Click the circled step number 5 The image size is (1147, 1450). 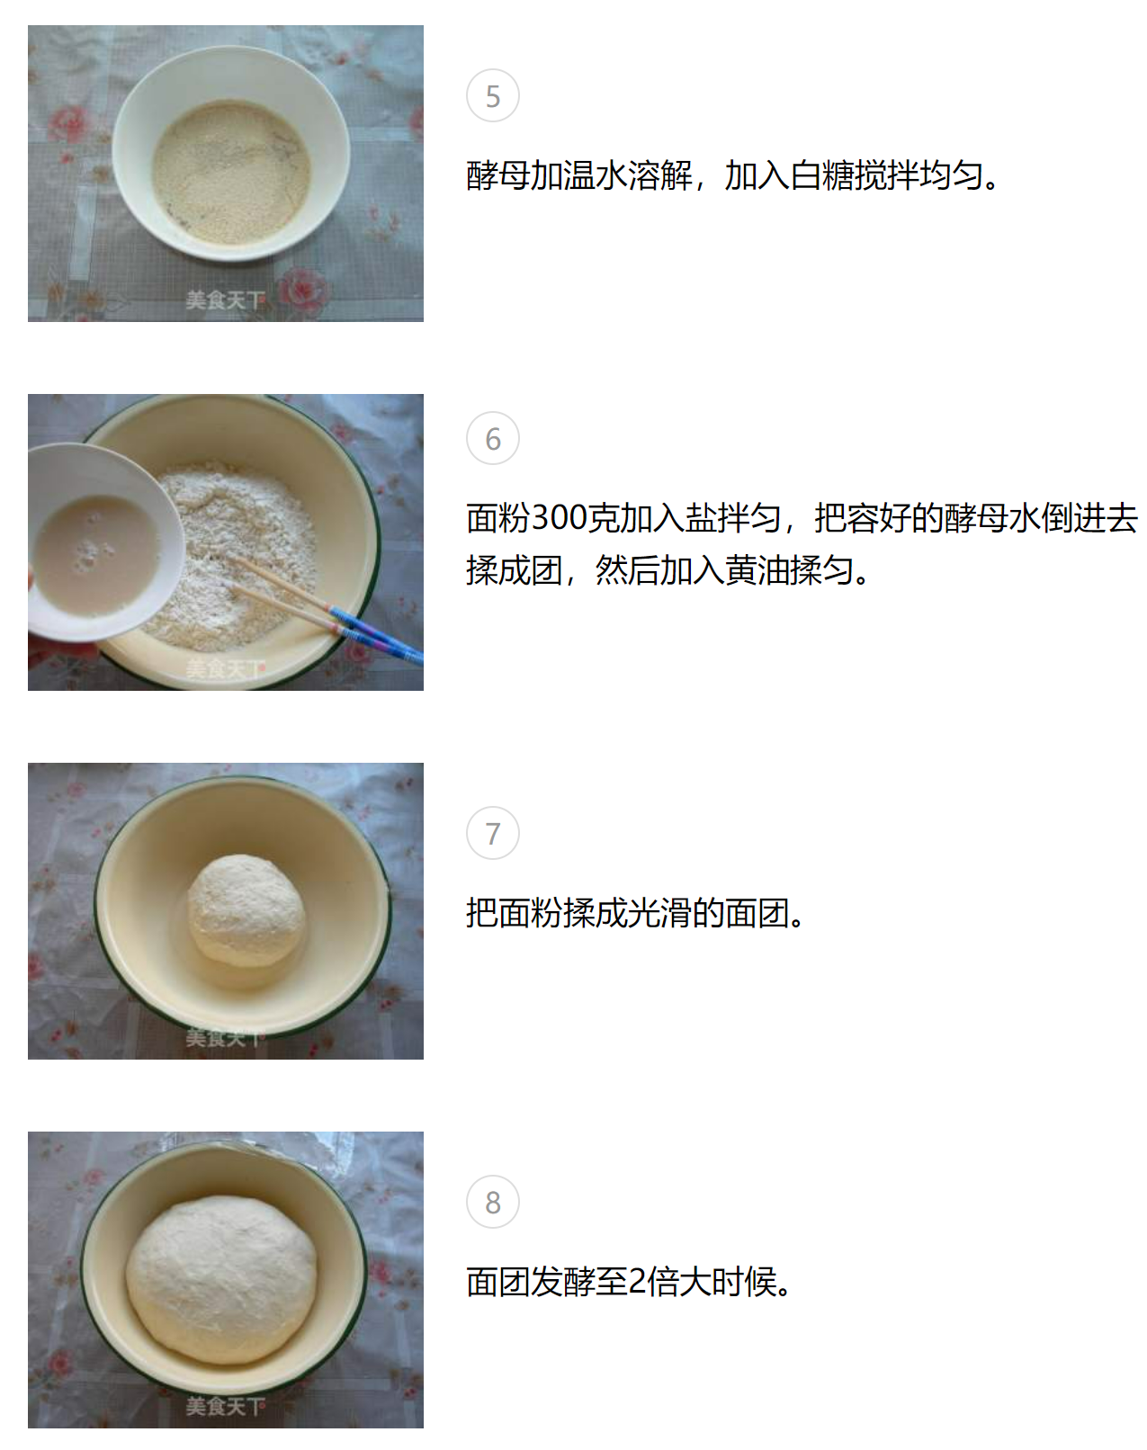493,95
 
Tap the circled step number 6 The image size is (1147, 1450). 493,438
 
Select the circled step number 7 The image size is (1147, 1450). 493,833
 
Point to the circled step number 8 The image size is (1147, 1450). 493,1202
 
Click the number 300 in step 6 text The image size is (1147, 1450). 560,518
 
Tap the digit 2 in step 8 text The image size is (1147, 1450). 637,1282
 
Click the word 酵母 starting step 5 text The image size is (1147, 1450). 498,175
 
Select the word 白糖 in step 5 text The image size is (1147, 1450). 821,175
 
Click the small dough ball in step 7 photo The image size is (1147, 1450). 246,910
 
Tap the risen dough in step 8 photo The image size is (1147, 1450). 221,1279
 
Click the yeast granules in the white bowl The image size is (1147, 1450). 231,172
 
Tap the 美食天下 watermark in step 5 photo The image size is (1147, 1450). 226,300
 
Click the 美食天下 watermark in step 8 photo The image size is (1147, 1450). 226,1406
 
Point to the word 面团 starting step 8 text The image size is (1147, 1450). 498,1282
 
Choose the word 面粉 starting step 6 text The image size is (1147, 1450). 498,518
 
